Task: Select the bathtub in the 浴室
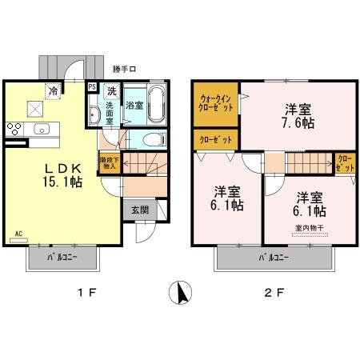154,104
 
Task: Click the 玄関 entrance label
139,209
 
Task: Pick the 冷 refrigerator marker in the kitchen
53,90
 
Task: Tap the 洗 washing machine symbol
112,90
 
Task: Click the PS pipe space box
92,89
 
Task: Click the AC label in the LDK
18,235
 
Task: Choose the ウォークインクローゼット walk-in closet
214,103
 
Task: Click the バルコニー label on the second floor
273,257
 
